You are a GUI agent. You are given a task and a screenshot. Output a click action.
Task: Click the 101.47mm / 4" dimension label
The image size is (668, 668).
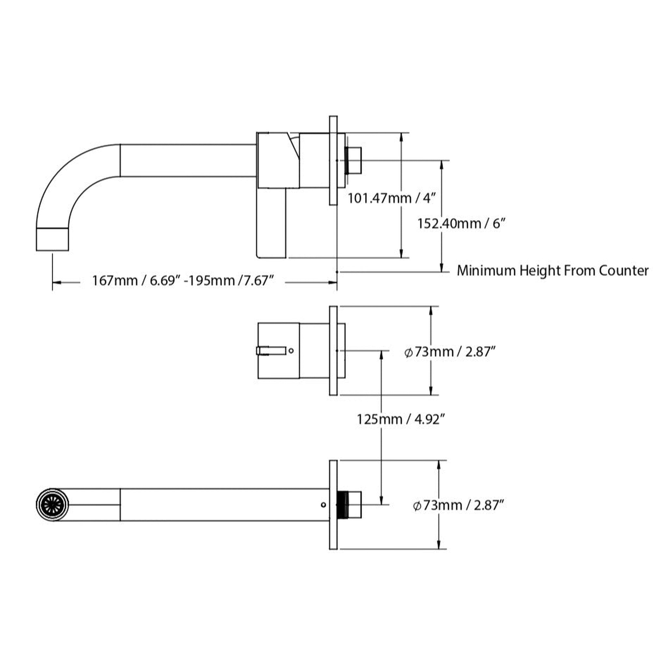tap(391, 198)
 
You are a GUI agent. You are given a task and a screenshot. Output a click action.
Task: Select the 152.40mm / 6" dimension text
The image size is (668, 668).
tap(461, 223)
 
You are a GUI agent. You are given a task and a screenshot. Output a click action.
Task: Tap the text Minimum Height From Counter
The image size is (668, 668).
tap(552, 270)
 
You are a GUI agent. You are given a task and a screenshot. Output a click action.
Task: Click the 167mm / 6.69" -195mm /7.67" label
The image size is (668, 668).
tap(183, 281)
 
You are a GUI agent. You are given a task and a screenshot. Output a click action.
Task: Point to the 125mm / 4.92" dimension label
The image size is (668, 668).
tap(400, 419)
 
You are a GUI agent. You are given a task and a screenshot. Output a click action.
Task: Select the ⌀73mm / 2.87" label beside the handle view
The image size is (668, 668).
tap(450, 352)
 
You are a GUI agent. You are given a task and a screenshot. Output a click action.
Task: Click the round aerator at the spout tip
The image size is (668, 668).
tap(53, 505)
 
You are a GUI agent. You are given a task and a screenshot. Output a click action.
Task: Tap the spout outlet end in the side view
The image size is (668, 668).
tap(52, 239)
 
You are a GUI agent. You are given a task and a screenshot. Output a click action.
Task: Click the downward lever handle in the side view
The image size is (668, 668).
tap(271, 223)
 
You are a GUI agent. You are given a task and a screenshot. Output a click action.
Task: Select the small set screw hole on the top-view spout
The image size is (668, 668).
tap(323, 505)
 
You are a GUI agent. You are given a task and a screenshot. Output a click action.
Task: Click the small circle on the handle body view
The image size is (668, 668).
tap(291, 351)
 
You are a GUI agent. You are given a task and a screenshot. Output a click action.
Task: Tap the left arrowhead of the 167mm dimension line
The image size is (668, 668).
tap(56, 282)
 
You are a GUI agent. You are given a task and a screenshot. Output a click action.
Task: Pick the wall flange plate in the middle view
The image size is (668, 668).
tap(333, 351)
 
